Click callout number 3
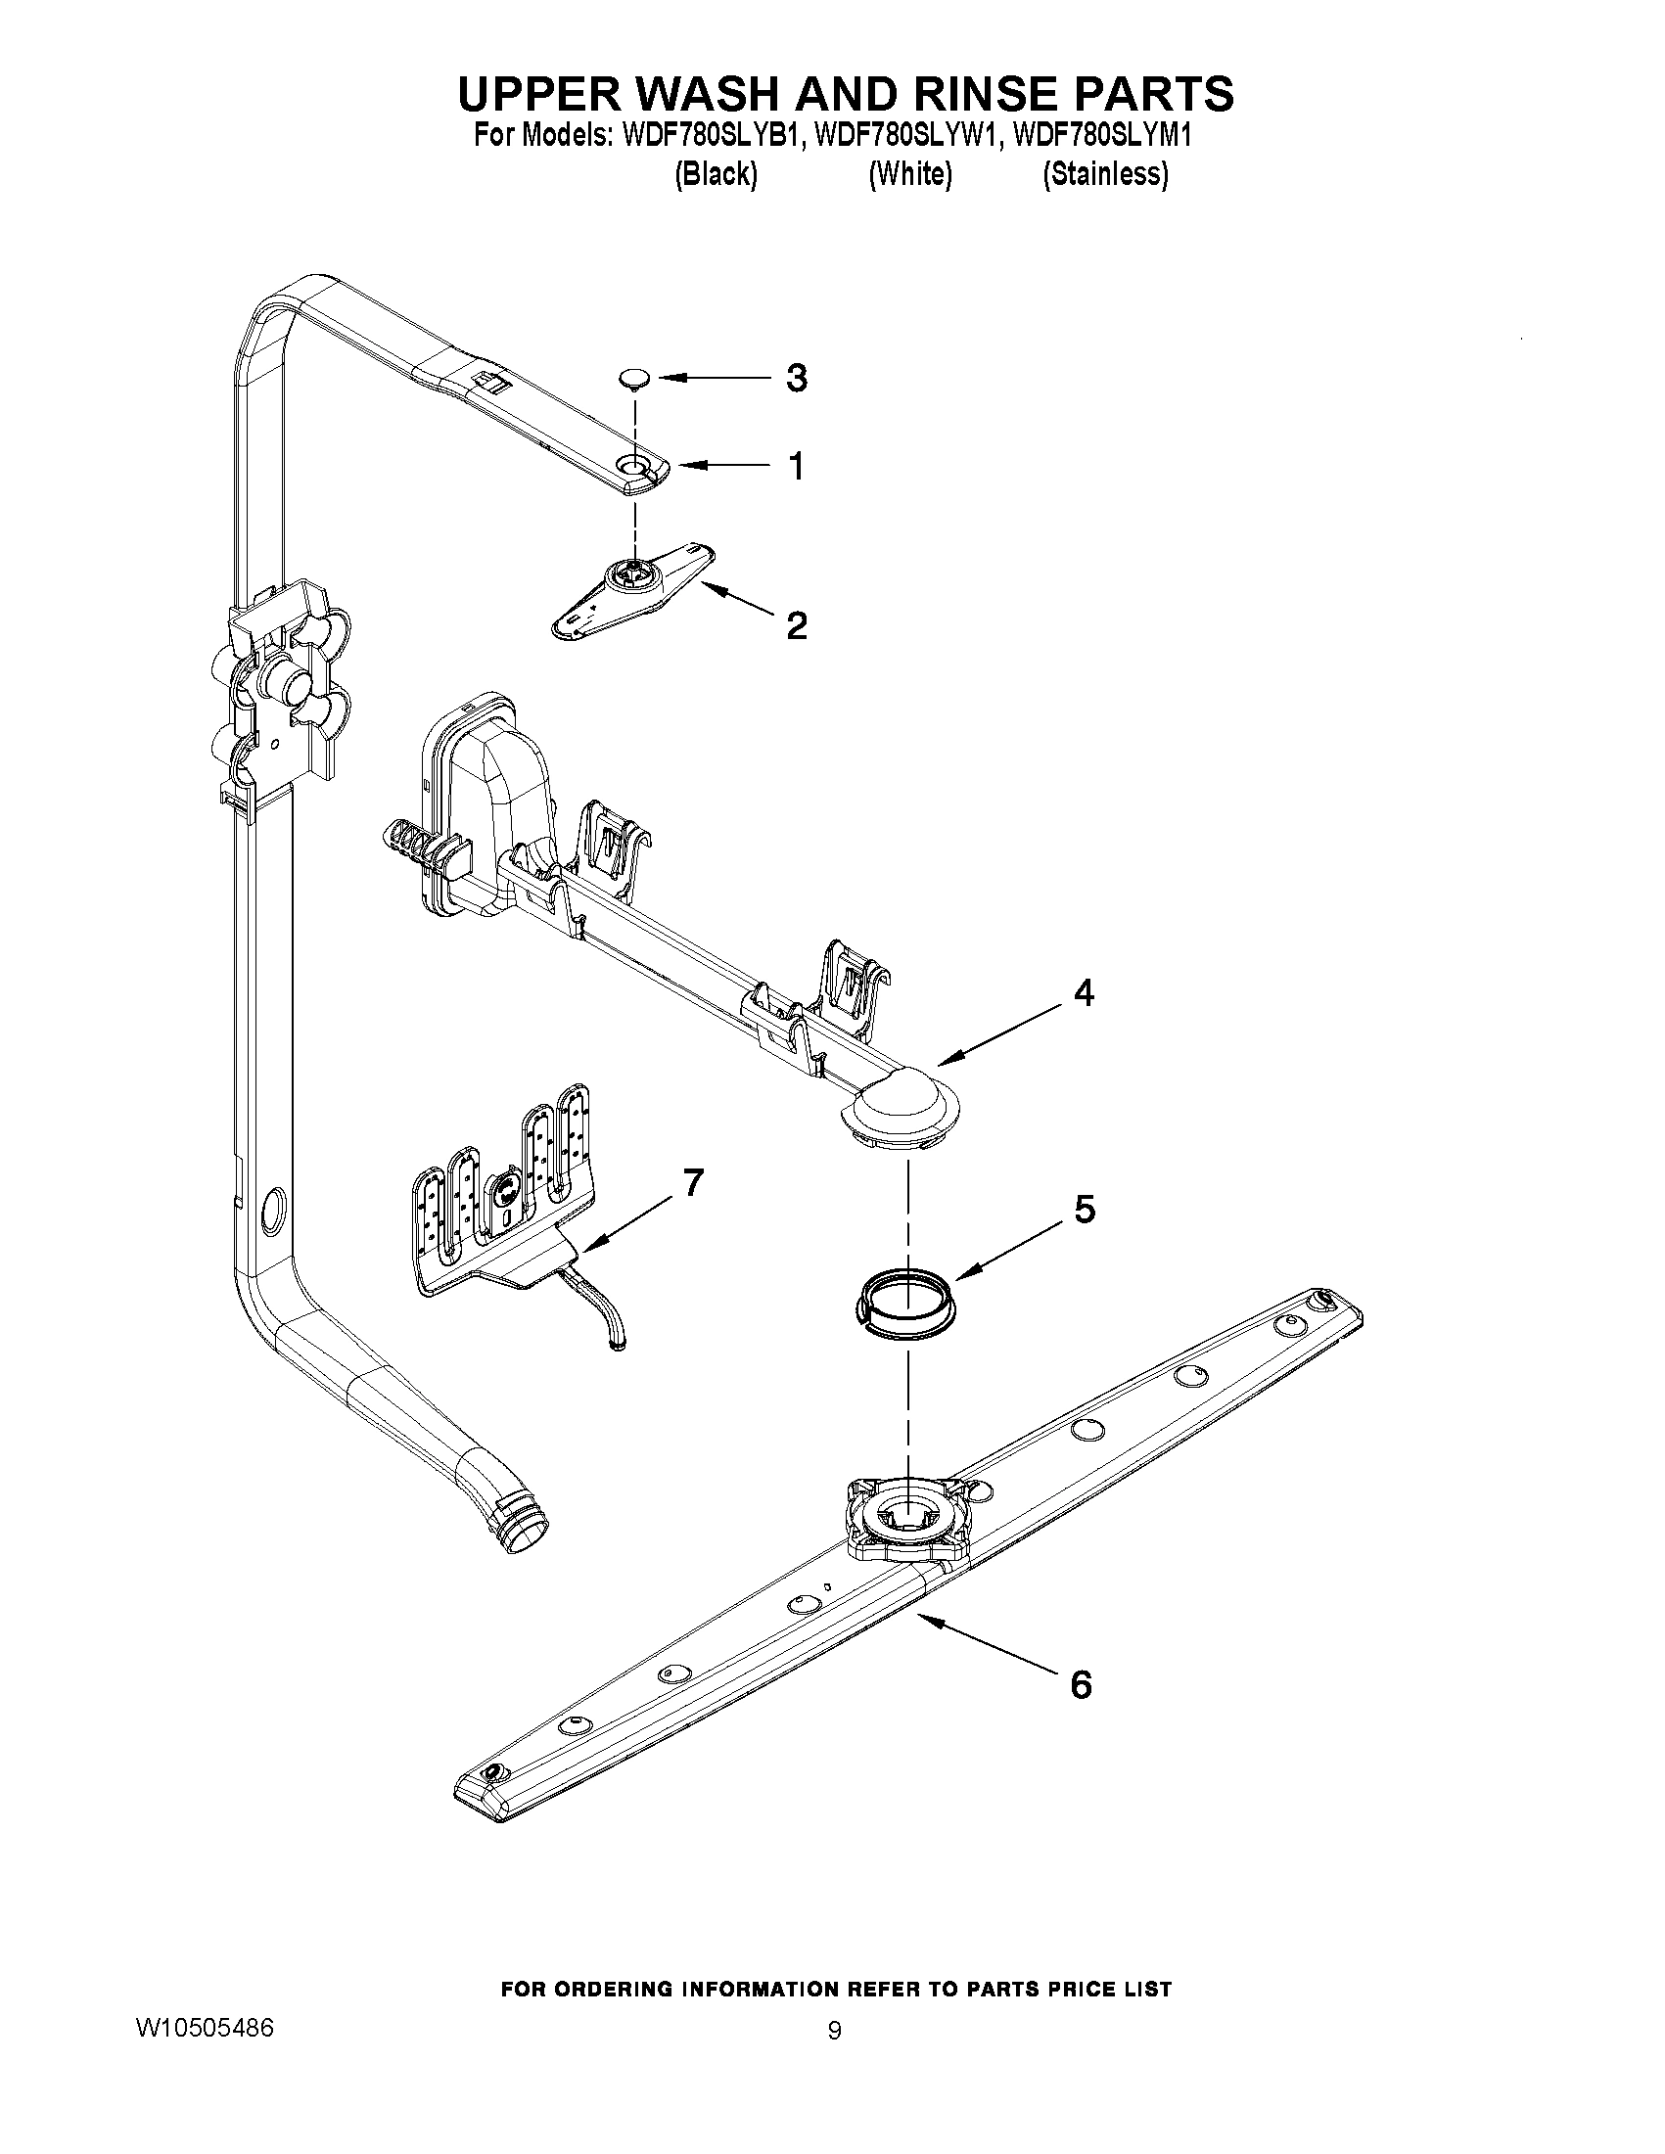point(796,378)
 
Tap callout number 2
point(796,625)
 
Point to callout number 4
point(1083,993)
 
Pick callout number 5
point(1084,1209)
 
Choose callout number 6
point(1081,1684)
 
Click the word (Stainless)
point(1106,174)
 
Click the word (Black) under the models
point(717,174)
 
